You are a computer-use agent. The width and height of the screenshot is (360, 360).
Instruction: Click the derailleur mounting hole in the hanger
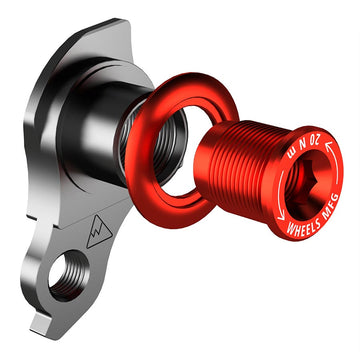click(x=69, y=279)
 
